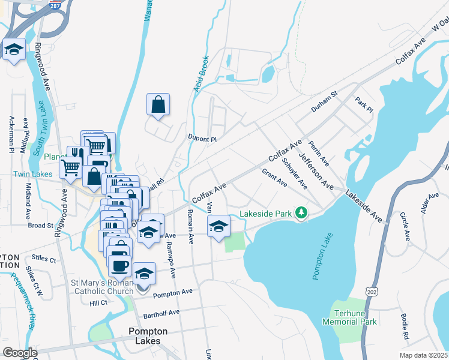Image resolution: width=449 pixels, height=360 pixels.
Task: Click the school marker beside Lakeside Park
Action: tap(219, 226)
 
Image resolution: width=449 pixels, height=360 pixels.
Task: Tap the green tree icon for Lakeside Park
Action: tap(304, 213)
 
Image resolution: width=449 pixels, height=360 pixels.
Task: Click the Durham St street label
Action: tap(325, 102)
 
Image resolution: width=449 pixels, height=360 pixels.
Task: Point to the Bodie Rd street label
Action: tap(405, 329)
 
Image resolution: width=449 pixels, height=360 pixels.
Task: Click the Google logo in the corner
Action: tap(20, 353)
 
